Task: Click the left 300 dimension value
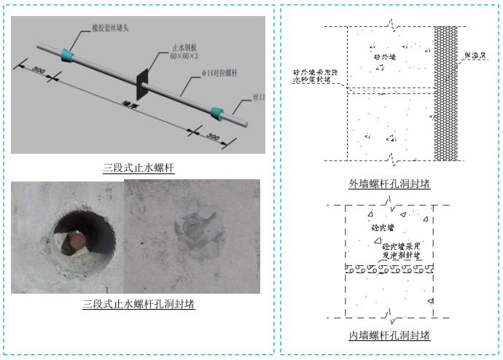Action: (39, 71)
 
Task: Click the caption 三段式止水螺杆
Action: (138, 168)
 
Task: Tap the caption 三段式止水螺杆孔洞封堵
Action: (138, 304)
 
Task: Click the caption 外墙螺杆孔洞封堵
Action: (389, 184)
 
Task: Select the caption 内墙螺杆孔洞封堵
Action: (389, 335)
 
